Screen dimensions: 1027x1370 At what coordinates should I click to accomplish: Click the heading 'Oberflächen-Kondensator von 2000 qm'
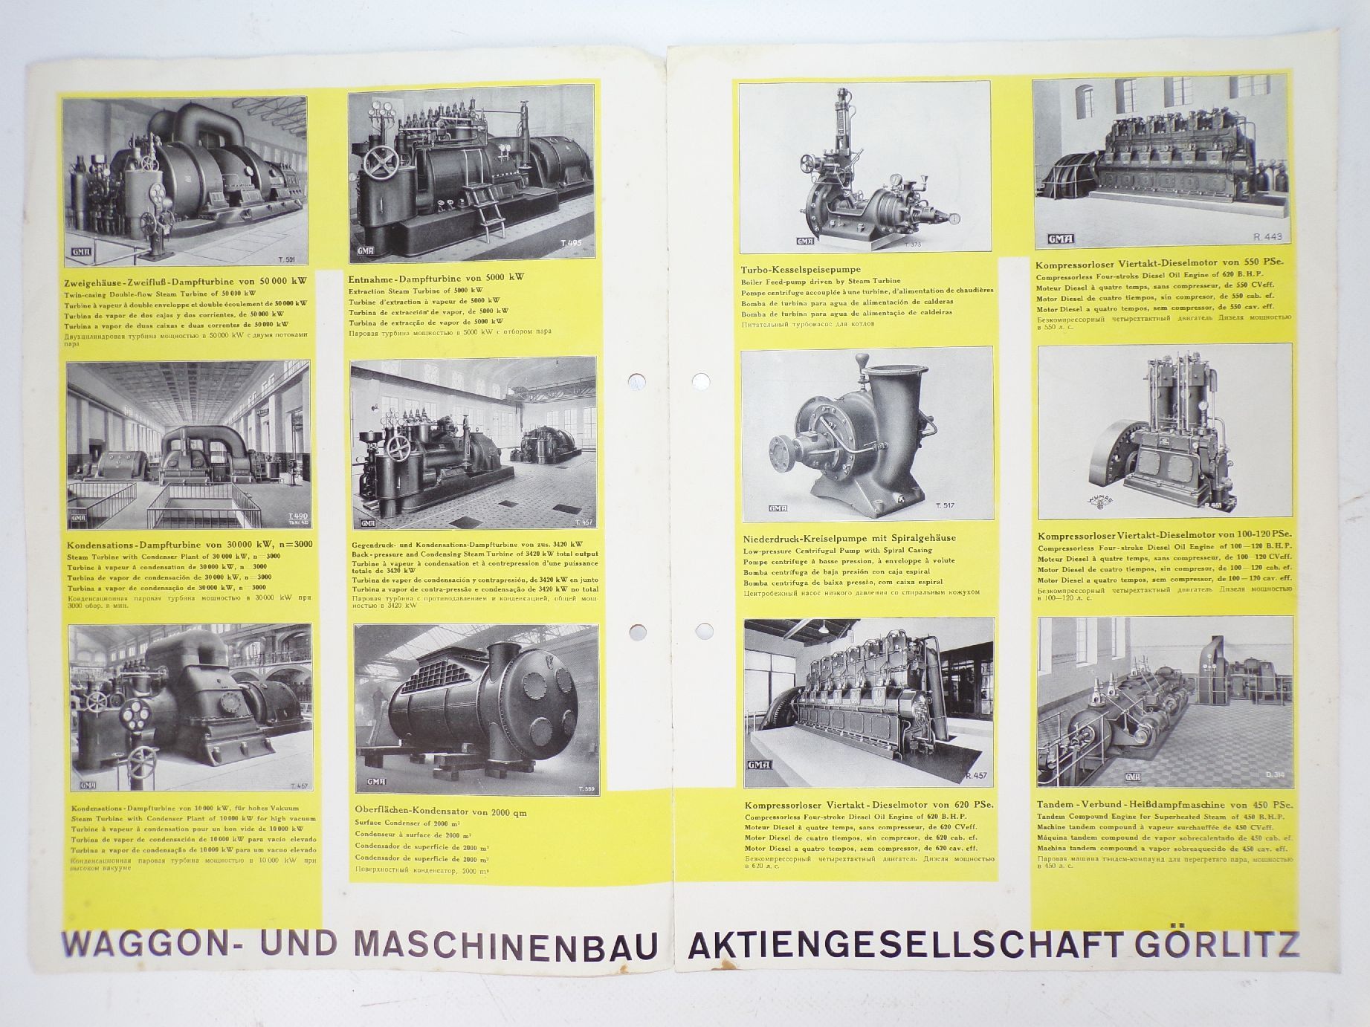(440, 812)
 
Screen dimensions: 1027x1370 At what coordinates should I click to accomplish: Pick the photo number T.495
(572, 242)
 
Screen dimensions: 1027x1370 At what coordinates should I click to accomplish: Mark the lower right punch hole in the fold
(700, 632)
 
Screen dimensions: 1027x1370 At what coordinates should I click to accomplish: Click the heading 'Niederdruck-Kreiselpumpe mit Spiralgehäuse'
(849, 537)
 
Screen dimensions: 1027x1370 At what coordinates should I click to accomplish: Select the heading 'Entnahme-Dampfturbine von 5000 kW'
(436, 277)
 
